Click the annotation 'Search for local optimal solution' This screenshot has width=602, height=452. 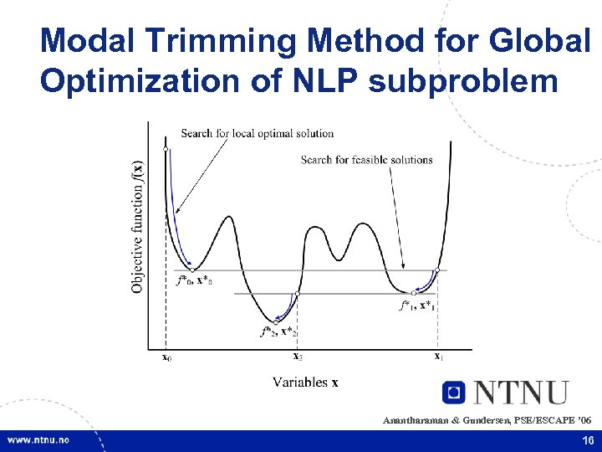257,133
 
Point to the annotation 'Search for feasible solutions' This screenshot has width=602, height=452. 366,159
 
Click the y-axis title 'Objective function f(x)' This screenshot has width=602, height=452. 137,226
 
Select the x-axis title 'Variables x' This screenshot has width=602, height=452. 305,383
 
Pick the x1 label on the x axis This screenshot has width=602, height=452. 437,356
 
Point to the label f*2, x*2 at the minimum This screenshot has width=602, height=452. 278,331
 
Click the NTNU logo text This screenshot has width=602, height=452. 522,393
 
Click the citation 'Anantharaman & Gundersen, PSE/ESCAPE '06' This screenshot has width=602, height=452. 487,419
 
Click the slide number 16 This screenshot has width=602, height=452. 587,440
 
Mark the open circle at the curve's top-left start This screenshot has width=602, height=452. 166,150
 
